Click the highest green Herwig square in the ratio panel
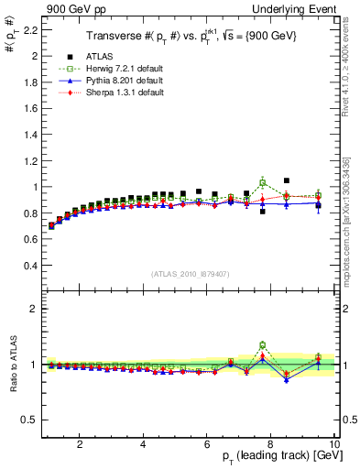point(263,345)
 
